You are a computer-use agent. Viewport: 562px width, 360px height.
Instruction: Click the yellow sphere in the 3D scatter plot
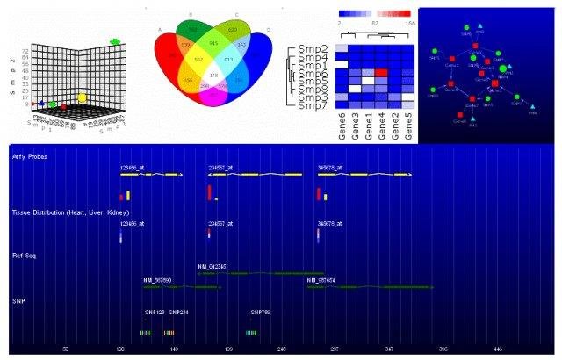[83, 97]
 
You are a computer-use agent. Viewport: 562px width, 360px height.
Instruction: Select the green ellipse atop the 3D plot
[115, 40]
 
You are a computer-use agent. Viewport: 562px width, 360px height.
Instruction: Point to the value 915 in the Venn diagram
[214, 42]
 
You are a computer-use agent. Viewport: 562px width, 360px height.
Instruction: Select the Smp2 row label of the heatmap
[313, 47]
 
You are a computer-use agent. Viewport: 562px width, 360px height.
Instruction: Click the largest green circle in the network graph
[503, 68]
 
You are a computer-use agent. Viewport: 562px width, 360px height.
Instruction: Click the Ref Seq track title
[24, 256]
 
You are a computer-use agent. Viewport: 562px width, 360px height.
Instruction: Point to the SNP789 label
[261, 312]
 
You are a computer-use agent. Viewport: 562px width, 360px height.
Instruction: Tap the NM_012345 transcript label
[212, 265]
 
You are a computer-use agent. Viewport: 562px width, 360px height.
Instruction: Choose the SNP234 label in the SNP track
[178, 312]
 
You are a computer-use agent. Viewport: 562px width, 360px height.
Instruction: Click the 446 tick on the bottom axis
[498, 349]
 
